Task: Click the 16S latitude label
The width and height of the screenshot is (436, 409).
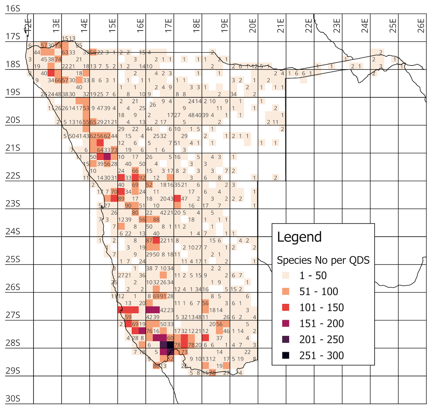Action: tap(13, 8)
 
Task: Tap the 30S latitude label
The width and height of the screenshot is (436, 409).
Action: tap(13, 399)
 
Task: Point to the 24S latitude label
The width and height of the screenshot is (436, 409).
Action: tap(13, 231)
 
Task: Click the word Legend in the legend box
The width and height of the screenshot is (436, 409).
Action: tap(299, 237)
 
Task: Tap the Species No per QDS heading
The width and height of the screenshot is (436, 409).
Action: tap(323, 260)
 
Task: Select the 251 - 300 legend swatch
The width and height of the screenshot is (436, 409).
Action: tap(286, 355)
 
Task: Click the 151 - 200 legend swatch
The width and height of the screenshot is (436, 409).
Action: tap(286, 323)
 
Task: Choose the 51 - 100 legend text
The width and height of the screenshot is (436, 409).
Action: tap(319, 291)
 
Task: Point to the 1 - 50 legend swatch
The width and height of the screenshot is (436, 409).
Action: tap(286, 275)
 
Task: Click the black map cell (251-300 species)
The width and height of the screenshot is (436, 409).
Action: tap(170, 345)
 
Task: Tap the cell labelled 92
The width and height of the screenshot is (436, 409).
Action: tap(142, 178)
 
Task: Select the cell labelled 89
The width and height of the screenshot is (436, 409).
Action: tap(121, 199)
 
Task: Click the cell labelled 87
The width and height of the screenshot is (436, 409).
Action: tap(149, 240)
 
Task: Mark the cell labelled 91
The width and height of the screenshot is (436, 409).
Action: tap(163, 296)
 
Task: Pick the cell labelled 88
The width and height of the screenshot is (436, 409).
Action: tap(156, 219)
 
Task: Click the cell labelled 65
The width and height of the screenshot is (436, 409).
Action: tap(93, 122)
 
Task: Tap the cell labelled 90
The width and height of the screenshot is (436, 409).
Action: tap(128, 206)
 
